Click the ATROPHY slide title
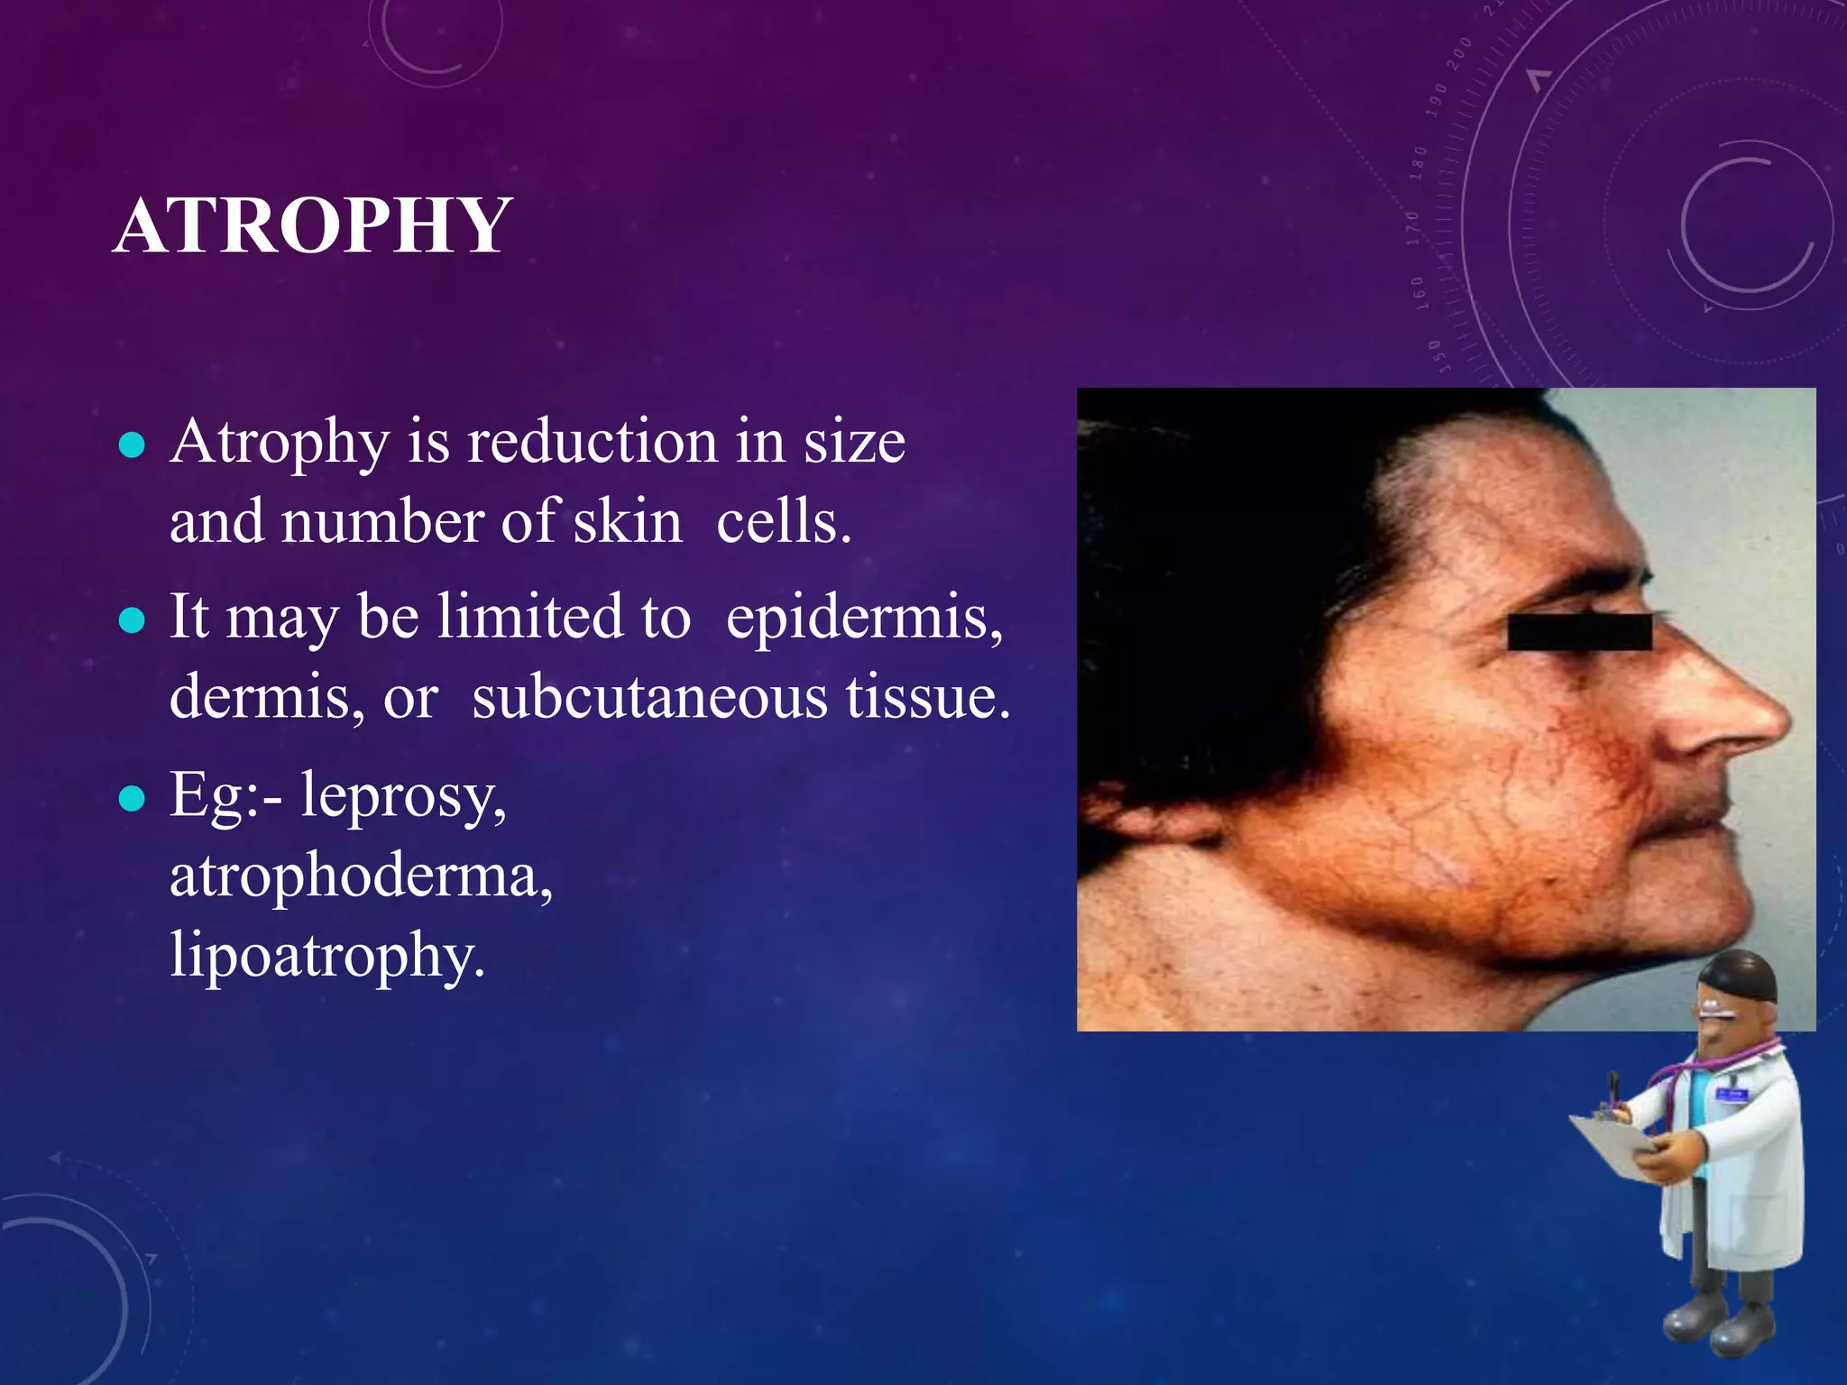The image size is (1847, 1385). (313, 225)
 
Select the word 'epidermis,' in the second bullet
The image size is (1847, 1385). (864, 618)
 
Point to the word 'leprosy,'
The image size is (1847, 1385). (403, 795)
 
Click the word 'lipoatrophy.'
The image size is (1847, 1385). (327, 956)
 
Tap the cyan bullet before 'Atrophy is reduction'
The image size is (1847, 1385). (132, 445)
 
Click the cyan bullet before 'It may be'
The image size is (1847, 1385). (132, 620)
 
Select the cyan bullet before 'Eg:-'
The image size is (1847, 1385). (132, 798)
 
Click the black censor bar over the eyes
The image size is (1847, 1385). (1579, 632)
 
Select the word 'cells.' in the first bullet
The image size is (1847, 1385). (783, 523)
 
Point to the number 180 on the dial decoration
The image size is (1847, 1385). (1420, 163)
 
